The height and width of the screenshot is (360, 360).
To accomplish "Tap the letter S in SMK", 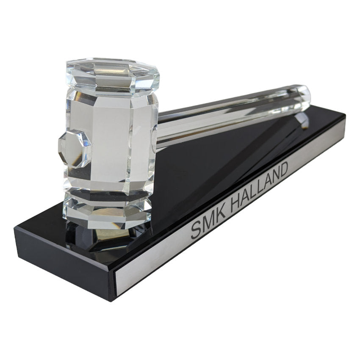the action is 196,231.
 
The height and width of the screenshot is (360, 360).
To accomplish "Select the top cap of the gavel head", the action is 113,76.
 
